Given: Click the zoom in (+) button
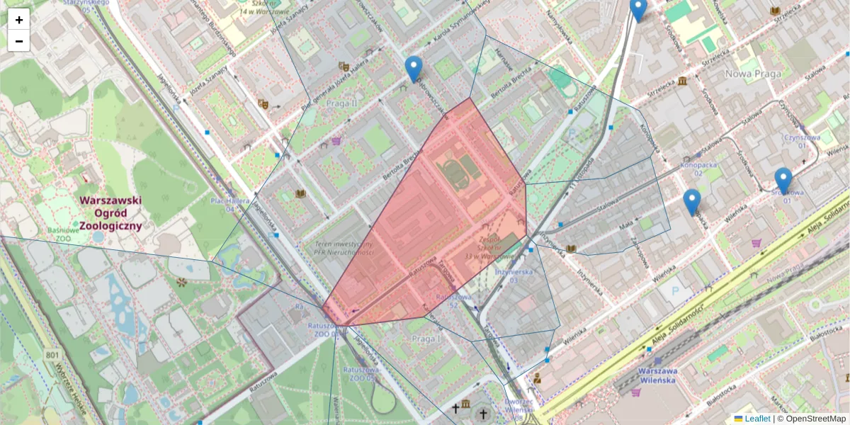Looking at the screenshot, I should coord(19,20).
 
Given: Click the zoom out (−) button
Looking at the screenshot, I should coord(19,41).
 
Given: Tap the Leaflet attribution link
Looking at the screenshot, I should coord(757,419).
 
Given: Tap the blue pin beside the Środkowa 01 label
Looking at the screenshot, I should coord(783,181).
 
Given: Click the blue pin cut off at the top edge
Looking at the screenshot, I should coord(638,9).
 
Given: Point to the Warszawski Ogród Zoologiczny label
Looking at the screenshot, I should coord(110,212).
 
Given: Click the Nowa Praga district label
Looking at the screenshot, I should coord(753,74).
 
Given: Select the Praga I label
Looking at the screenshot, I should coord(426,339).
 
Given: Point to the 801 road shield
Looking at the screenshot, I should coord(52,354).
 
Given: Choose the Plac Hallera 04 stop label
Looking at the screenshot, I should coord(230,205).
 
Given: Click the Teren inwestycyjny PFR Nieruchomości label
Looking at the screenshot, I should coord(345,248).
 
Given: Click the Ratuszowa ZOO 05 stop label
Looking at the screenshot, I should coord(361,373).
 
